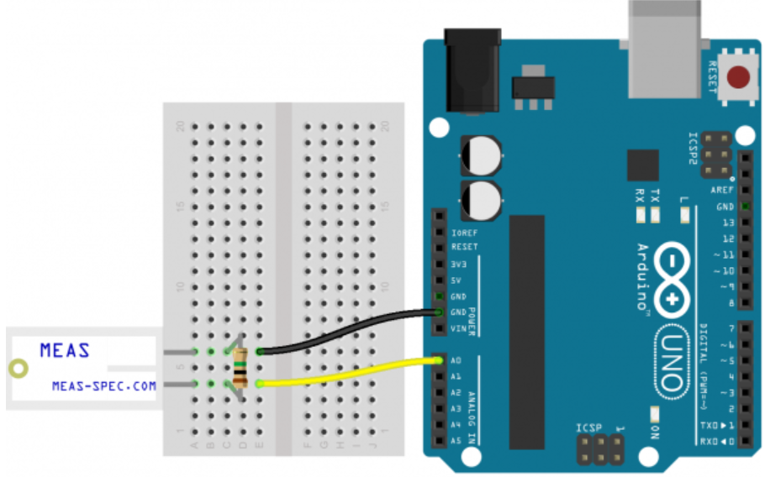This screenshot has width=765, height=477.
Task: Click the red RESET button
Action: pyautogui.click(x=738, y=78)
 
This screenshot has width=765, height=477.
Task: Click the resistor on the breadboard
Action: pyautogui.click(x=242, y=367)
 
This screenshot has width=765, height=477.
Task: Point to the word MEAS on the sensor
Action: pyautogui.click(x=65, y=350)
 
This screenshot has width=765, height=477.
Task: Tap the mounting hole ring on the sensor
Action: pyautogui.click(x=18, y=368)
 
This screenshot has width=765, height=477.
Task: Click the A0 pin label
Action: pyautogui.click(x=456, y=361)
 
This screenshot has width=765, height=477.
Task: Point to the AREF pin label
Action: pyautogui.click(x=723, y=190)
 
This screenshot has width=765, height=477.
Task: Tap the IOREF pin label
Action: pyautogui.click(x=464, y=232)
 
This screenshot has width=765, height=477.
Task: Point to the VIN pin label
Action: pyautogui.click(x=458, y=328)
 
